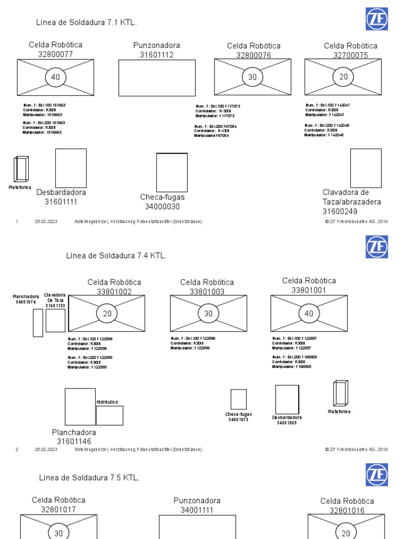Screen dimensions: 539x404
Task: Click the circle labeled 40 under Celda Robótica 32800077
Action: click(55, 77)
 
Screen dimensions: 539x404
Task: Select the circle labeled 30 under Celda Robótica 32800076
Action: click(252, 77)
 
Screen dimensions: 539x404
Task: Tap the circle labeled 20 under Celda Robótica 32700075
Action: click(344, 77)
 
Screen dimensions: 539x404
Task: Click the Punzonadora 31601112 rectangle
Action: click(149, 77)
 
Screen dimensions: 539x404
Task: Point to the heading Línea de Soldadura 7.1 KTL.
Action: click(86, 23)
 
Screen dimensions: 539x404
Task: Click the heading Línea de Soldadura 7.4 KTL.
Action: click(116, 256)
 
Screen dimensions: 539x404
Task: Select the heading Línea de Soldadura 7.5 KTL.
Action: click(89, 477)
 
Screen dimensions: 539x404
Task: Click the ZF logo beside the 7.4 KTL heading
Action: click(377, 247)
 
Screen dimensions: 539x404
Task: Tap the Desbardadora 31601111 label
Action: click(61, 197)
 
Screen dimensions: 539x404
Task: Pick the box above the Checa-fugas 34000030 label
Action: click(171, 173)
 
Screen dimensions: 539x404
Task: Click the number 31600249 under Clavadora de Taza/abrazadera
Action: click(340, 211)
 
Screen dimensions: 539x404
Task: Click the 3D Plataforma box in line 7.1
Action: click(22, 169)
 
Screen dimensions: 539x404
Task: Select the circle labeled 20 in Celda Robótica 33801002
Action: click(107, 314)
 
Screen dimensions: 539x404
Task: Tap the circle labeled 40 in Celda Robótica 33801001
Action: click(309, 314)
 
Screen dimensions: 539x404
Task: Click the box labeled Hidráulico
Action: click(109, 415)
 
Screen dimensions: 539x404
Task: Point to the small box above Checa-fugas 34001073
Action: click(238, 399)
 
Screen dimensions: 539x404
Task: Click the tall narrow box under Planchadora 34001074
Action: click(38, 323)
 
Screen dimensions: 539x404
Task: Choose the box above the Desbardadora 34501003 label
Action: click(287, 400)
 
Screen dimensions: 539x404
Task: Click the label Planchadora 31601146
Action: click(74, 437)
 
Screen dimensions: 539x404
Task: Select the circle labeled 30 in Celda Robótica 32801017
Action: click(58, 532)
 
